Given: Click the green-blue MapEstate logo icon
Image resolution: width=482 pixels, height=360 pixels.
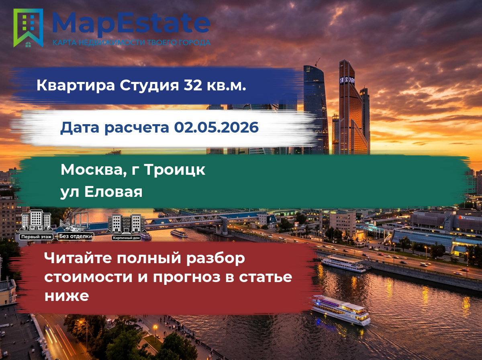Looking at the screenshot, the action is pyautogui.click(x=28, y=28).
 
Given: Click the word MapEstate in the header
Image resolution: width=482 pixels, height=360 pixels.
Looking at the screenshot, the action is pyautogui.click(x=131, y=23).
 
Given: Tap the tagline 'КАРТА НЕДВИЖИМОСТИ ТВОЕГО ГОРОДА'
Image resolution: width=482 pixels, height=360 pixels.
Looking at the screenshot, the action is pyautogui.click(x=131, y=43).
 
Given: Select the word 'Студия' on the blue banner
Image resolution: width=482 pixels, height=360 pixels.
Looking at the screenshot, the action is pyautogui.click(x=149, y=86).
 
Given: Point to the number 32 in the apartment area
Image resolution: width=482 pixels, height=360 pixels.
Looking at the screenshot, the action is pyautogui.click(x=193, y=85).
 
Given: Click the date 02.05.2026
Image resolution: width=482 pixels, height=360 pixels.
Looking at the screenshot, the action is pyautogui.click(x=216, y=127).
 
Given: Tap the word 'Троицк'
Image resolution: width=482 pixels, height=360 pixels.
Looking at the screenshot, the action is pyautogui.click(x=175, y=170).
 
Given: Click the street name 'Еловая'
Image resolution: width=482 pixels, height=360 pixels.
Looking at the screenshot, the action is pyautogui.click(x=113, y=192).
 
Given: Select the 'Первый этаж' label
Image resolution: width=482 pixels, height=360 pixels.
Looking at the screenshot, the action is pyautogui.click(x=36, y=237).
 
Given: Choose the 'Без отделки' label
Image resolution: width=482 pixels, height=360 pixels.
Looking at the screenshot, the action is pyautogui.click(x=76, y=236).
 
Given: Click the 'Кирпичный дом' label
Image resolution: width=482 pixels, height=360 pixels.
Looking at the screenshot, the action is pyautogui.click(x=126, y=238).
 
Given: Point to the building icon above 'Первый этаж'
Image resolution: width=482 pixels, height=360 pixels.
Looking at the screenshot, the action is pyautogui.click(x=36, y=221).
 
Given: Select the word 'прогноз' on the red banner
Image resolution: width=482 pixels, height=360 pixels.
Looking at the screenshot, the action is pyautogui.click(x=187, y=278).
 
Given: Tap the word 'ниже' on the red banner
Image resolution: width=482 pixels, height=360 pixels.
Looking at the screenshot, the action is pyautogui.click(x=67, y=296).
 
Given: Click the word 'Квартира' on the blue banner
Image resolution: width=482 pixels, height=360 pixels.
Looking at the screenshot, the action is pyautogui.click(x=76, y=86).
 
